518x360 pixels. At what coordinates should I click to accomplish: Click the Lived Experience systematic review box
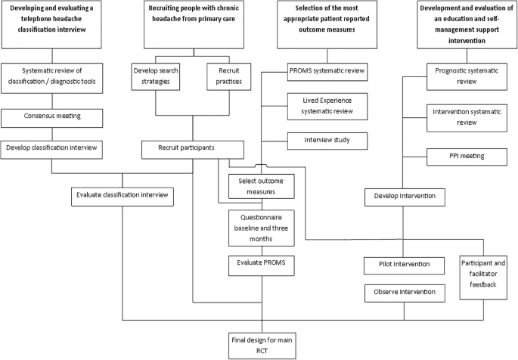pyautogui.click(x=327, y=106)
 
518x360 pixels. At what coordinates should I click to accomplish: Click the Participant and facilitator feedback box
pyautogui.click(x=485, y=273)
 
